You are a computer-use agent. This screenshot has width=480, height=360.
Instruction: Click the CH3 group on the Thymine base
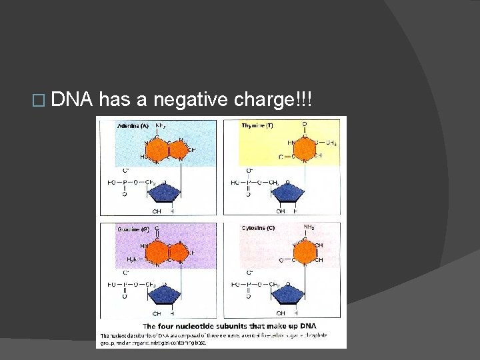pyautogui.click(x=331, y=142)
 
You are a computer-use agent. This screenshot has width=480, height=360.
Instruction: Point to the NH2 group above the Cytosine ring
pyautogui.click(x=310, y=227)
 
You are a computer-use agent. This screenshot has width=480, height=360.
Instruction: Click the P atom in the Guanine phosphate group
pyautogui.click(x=123, y=284)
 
